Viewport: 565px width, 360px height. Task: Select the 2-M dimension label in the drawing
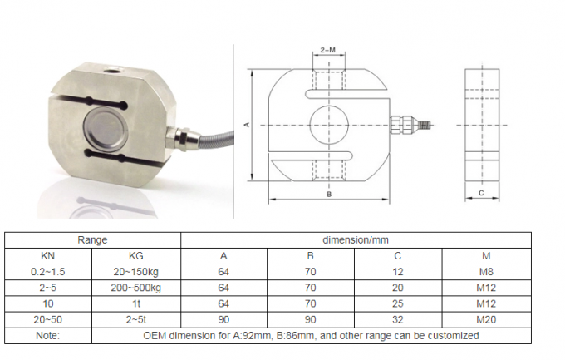[328, 51]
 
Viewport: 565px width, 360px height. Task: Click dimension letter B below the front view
[329, 194]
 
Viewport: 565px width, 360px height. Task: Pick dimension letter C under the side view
[480, 193]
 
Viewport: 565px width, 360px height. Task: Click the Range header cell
[93, 239]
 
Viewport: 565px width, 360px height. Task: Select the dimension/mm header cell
[356, 239]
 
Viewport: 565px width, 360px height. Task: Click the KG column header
[136, 256]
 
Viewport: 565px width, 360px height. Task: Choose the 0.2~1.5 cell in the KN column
[48, 272]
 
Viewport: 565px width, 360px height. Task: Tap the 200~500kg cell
[136, 288]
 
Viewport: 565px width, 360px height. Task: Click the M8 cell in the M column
[486, 272]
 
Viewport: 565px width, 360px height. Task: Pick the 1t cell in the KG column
[136, 303]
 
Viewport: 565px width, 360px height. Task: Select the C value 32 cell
[398, 319]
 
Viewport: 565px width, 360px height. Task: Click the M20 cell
[486, 319]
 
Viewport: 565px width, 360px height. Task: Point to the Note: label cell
[48, 335]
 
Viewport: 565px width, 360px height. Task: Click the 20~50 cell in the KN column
[48, 319]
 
